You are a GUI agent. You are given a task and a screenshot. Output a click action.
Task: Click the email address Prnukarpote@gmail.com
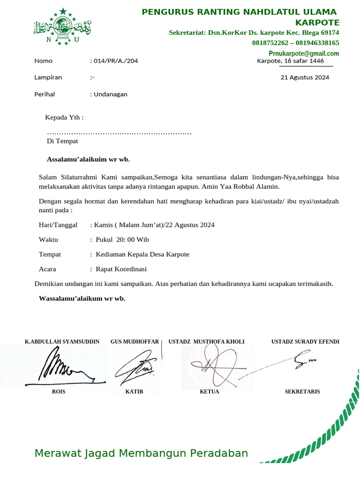click(304, 53)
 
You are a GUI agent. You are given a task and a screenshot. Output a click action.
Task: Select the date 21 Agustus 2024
click(305, 78)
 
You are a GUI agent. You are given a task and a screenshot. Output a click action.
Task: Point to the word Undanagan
click(111, 94)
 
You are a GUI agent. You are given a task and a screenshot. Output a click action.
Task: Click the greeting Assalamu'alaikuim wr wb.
click(88, 159)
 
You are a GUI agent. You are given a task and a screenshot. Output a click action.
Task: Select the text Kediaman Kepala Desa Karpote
click(142, 255)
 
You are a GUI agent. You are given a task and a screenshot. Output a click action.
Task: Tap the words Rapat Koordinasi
click(121, 269)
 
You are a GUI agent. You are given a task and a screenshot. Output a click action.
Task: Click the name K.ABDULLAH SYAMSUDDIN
click(62, 342)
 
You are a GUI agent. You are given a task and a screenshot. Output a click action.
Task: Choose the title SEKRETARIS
click(302, 391)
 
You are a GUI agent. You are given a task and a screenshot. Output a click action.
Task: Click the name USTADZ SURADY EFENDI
click(305, 342)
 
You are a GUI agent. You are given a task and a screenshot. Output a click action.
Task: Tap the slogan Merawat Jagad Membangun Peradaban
click(141, 453)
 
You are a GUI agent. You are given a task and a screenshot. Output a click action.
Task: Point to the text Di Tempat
click(62, 141)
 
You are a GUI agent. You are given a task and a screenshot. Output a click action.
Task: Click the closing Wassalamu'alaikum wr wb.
click(82, 298)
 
